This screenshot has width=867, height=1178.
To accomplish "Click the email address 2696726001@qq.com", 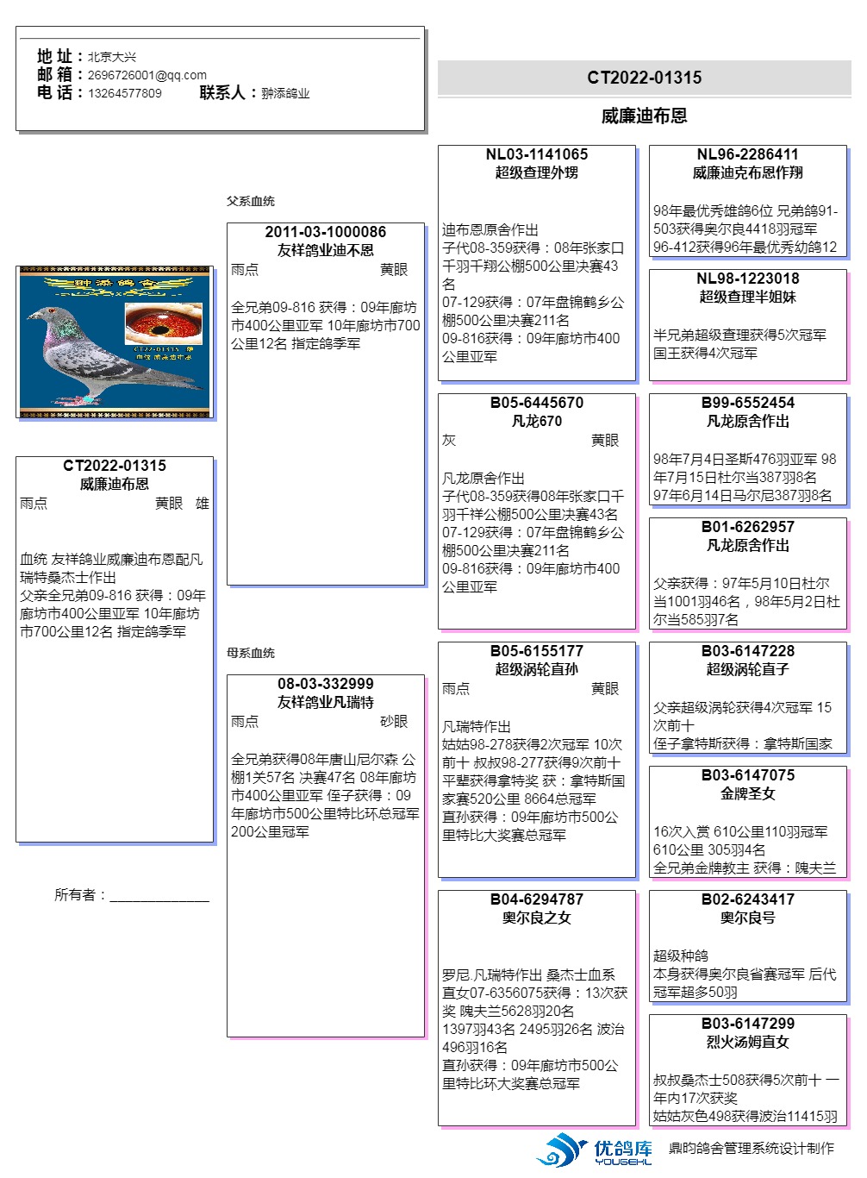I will [x=147, y=75].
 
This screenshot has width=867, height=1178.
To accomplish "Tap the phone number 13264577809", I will [x=124, y=93].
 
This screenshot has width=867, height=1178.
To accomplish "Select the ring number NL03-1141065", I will [x=536, y=154].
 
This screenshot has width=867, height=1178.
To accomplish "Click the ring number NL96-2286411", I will [x=747, y=154].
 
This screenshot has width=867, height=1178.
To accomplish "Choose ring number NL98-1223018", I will [x=747, y=279].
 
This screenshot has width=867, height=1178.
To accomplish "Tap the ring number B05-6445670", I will [x=536, y=403].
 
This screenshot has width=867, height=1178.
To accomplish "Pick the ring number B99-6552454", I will [x=747, y=403].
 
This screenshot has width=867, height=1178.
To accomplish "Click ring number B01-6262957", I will [x=747, y=527].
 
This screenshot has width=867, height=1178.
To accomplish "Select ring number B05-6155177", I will [x=536, y=651].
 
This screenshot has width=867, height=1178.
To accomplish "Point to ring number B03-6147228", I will [x=747, y=651].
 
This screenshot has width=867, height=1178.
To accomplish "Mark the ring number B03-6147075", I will [x=747, y=775].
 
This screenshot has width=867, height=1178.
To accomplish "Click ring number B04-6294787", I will [x=536, y=899].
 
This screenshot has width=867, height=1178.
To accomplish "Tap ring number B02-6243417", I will [x=747, y=899].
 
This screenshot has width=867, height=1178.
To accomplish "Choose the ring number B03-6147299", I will [x=747, y=1024].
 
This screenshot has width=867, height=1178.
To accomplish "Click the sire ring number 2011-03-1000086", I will [x=325, y=232].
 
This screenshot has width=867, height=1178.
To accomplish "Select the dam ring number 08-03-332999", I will [x=325, y=684].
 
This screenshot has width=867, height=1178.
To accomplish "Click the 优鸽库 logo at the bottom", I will [x=595, y=1150].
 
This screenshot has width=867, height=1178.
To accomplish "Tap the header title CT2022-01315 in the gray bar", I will [x=644, y=78].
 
